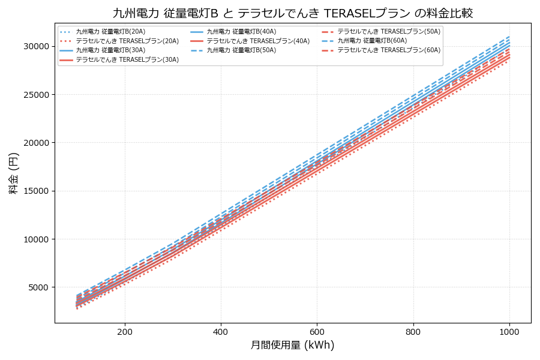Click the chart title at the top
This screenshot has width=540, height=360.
(293, 13)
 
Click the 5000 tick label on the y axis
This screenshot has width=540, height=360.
(38, 287)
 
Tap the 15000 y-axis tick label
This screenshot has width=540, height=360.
(36, 191)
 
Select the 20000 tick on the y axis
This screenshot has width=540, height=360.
(36, 143)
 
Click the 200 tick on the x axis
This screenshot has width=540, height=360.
(125, 331)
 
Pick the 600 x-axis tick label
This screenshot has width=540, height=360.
(317, 331)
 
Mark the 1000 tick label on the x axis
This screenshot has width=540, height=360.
(509, 331)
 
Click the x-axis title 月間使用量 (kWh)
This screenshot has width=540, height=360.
(293, 345)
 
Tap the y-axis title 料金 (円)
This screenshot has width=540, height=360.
(13, 173)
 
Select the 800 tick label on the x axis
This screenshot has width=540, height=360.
(413, 331)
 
